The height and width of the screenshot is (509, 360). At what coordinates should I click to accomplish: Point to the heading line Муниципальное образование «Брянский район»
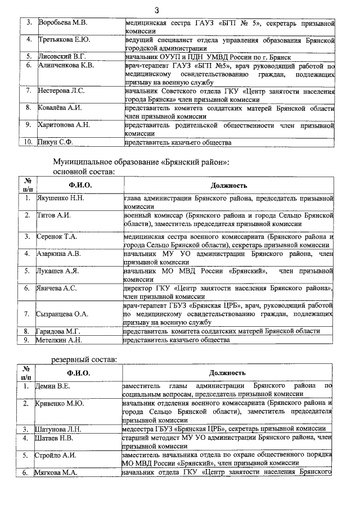pyautogui.click(x=141, y=162)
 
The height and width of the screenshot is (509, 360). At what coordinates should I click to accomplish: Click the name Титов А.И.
pyautogui.click(x=53, y=215)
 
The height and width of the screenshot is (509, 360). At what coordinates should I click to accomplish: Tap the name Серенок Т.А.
pyautogui.click(x=57, y=237)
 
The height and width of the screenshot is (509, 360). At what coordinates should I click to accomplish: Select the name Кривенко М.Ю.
pyautogui.click(x=61, y=403)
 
